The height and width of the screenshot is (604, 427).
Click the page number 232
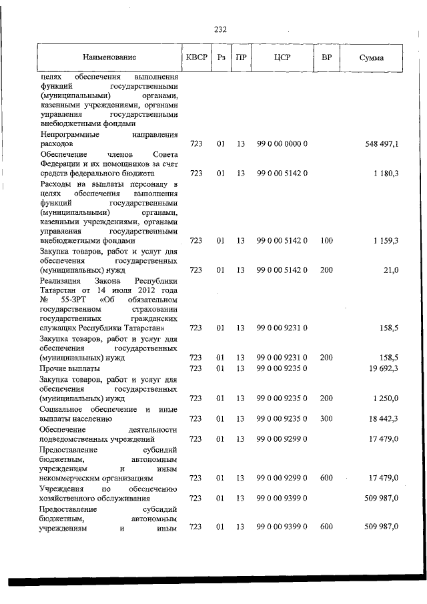221,30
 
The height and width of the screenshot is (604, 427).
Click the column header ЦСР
282,58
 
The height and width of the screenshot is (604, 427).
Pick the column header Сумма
371,58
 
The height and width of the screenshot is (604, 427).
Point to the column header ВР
326,58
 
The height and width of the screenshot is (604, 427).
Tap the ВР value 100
326,240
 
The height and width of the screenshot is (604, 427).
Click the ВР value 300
326,418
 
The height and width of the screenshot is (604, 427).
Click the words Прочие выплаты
70,368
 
